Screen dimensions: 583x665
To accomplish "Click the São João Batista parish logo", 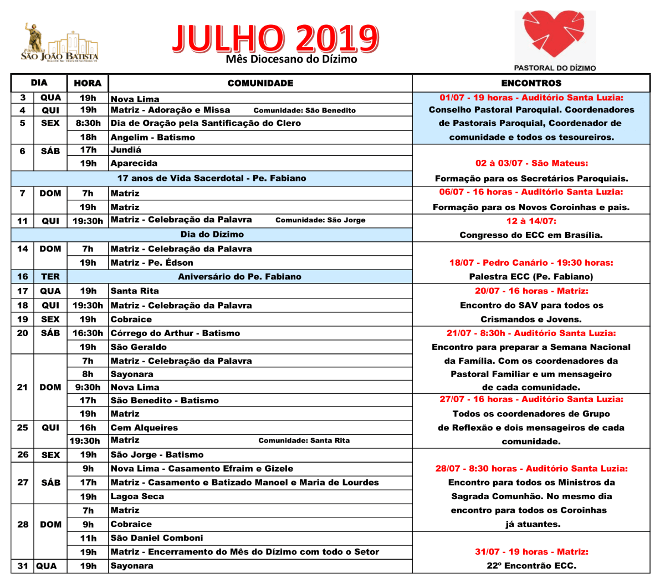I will point(60,43).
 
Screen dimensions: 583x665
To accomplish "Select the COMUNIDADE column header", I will point(260,83).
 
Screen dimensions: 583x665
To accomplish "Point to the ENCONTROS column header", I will point(531,83).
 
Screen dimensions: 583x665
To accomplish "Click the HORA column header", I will point(88,83).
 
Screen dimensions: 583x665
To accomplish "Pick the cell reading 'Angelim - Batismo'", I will point(153,137).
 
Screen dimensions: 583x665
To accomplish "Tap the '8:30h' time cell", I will point(88,123).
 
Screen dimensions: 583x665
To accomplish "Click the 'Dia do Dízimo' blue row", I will point(212,235).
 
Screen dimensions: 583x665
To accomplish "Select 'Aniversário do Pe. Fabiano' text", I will point(239,276).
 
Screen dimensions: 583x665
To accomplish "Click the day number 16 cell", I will point(23,276).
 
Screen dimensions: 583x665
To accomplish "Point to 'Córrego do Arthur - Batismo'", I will point(175,333).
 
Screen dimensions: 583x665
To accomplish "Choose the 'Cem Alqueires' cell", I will point(144,428).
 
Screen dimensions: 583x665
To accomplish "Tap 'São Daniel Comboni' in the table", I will point(157,538).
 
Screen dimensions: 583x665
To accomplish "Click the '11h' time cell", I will point(88,538).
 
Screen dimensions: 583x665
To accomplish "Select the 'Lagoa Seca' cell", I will point(137,496).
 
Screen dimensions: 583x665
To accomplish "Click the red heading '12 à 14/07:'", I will point(531,221).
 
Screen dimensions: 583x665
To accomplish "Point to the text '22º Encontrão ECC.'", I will point(531,566).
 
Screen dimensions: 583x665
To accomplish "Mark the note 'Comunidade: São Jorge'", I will point(320,220).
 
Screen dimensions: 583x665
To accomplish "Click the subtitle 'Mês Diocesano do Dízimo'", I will point(291,59).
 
